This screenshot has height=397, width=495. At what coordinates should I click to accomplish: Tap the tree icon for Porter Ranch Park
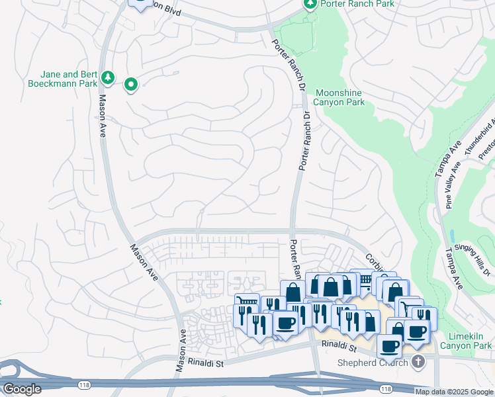point(310,4)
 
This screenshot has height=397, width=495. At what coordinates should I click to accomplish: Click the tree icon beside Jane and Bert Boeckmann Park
point(108,79)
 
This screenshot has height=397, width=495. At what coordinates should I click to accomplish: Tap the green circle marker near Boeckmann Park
point(131,83)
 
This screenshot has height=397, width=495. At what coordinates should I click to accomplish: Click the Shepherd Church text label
point(372,363)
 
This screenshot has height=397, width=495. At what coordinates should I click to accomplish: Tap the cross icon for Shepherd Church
point(418,362)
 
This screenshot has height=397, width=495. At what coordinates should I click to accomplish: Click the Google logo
point(22,389)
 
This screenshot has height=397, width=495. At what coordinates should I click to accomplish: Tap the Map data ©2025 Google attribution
point(455,392)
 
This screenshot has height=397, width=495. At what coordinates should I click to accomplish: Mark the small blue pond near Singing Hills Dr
point(451,236)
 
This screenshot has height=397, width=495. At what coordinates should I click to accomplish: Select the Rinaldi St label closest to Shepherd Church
point(339,346)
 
